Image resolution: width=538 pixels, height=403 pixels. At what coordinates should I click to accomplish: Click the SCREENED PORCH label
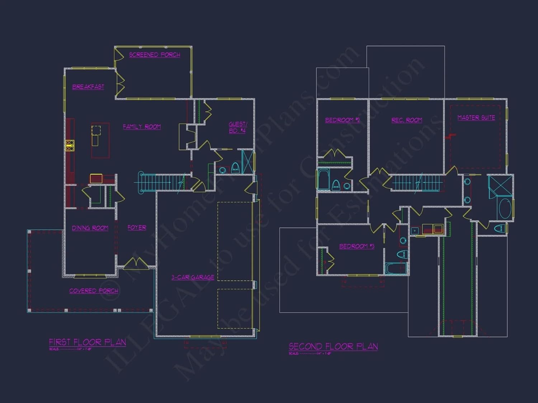click(155, 55)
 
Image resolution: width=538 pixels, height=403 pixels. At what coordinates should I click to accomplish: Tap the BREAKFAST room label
click(88, 87)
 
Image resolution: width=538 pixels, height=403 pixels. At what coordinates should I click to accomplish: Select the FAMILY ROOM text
click(142, 127)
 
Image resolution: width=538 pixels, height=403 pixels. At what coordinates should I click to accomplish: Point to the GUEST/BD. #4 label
click(237, 128)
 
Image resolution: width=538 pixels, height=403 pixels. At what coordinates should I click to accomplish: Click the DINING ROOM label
click(90, 228)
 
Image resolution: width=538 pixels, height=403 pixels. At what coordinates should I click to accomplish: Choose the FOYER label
click(137, 227)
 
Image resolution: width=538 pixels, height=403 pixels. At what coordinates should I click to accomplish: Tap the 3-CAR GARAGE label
click(193, 277)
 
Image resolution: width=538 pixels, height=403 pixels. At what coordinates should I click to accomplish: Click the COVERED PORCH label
click(94, 291)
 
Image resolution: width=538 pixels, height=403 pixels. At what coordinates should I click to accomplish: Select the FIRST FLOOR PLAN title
click(88, 342)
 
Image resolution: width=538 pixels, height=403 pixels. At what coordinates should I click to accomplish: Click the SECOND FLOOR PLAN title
click(333, 346)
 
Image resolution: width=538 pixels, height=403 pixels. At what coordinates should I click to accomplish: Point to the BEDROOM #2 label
click(342, 120)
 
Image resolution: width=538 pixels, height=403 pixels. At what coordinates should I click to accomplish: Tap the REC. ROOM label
click(407, 120)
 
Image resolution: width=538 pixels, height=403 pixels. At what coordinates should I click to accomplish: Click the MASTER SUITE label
click(476, 118)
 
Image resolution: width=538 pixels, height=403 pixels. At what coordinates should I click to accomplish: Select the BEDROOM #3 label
click(357, 246)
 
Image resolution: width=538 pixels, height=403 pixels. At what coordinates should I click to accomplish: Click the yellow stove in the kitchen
click(70, 145)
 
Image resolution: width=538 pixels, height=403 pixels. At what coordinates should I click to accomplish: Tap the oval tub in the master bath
click(505, 208)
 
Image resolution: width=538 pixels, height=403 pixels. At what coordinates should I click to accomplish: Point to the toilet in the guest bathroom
click(235, 168)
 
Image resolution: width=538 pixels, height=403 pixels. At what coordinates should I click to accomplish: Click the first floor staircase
click(161, 182)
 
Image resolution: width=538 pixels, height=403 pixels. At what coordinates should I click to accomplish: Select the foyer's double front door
click(136, 264)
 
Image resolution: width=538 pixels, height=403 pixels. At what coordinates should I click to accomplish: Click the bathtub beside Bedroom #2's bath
click(324, 179)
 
